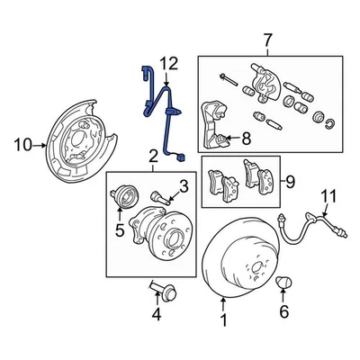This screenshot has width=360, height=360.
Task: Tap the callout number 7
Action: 265,40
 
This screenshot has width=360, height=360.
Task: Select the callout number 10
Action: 23,142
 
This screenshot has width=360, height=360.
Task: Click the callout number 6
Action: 285,312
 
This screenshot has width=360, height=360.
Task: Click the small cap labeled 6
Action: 284,283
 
